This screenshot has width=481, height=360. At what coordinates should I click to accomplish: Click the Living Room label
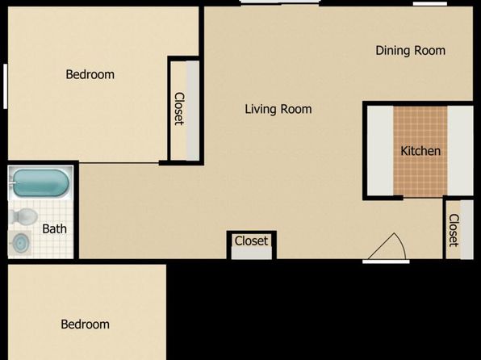(278, 109)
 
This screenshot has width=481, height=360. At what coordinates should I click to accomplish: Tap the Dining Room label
(411, 51)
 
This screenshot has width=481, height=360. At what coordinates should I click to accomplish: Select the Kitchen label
(420, 151)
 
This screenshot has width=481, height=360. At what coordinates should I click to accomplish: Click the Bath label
(54, 229)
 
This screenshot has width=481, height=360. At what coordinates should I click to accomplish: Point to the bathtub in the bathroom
(40, 183)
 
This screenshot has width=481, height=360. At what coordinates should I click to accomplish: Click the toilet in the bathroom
(24, 216)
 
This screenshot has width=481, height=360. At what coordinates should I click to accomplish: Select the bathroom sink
(20, 244)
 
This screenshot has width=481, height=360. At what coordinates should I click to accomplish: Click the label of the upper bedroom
(90, 74)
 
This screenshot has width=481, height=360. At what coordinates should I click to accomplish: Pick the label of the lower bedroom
(86, 324)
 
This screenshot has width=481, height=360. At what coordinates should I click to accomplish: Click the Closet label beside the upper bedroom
(179, 109)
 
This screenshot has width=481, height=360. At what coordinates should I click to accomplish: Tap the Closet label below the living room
(251, 241)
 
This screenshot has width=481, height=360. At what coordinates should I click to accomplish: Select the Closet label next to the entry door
(454, 230)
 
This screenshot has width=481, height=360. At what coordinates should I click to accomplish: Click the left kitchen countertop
(380, 150)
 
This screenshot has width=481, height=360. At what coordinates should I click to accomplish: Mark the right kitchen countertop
(460, 150)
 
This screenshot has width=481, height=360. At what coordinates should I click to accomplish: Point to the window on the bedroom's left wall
(5, 86)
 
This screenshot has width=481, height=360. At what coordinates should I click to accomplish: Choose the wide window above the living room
(280, 2)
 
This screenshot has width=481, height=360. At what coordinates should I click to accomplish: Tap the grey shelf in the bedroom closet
(193, 111)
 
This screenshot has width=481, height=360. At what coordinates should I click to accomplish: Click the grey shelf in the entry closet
(467, 229)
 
